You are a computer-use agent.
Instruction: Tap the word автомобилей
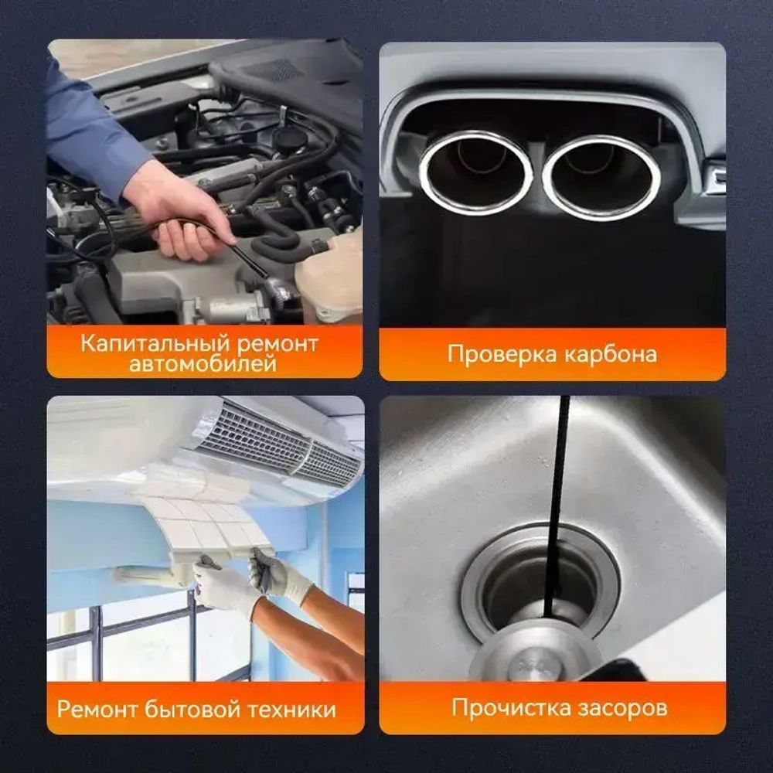[203, 364]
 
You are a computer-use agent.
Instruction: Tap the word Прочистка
[511, 707]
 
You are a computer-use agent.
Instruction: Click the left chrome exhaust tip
[475, 172]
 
